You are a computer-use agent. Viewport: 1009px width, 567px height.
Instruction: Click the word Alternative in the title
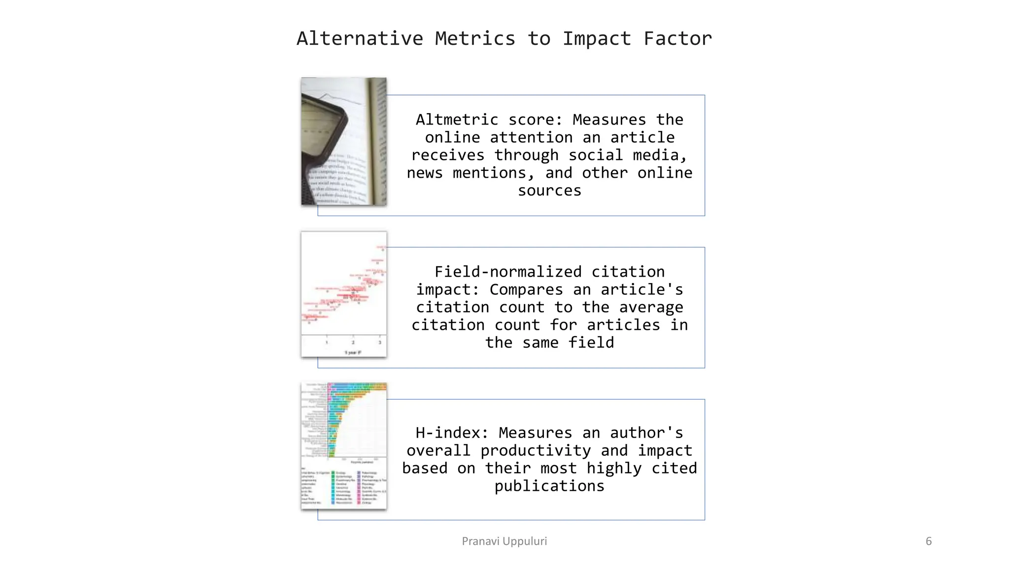point(360,38)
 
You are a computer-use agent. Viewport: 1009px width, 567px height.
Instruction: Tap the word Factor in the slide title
point(677,38)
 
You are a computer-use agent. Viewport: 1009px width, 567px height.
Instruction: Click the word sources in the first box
point(549,190)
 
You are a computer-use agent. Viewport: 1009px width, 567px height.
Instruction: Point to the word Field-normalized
point(507,272)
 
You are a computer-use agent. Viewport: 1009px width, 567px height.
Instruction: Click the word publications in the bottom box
point(549,486)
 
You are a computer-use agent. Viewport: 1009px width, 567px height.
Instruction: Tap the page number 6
point(929,541)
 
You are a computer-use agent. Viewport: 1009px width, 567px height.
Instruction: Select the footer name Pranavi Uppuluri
point(504,541)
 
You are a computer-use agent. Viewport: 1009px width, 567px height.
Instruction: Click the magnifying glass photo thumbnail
point(344,141)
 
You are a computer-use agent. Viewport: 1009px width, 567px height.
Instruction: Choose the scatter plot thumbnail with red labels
point(344,294)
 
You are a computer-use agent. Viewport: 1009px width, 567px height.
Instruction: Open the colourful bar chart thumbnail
point(344,446)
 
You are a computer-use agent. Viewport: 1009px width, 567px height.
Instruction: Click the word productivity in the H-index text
point(536,450)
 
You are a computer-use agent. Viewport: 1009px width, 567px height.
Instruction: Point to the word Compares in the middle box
point(526,289)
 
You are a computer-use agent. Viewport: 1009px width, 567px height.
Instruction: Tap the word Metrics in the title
point(475,38)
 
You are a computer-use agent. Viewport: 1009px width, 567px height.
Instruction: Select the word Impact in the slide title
point(597,38)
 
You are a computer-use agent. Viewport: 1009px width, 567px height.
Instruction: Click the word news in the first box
point(425,173)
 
